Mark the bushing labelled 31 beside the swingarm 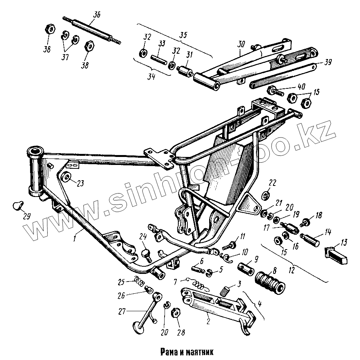tap(185, 71)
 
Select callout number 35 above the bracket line tap(183, 35)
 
